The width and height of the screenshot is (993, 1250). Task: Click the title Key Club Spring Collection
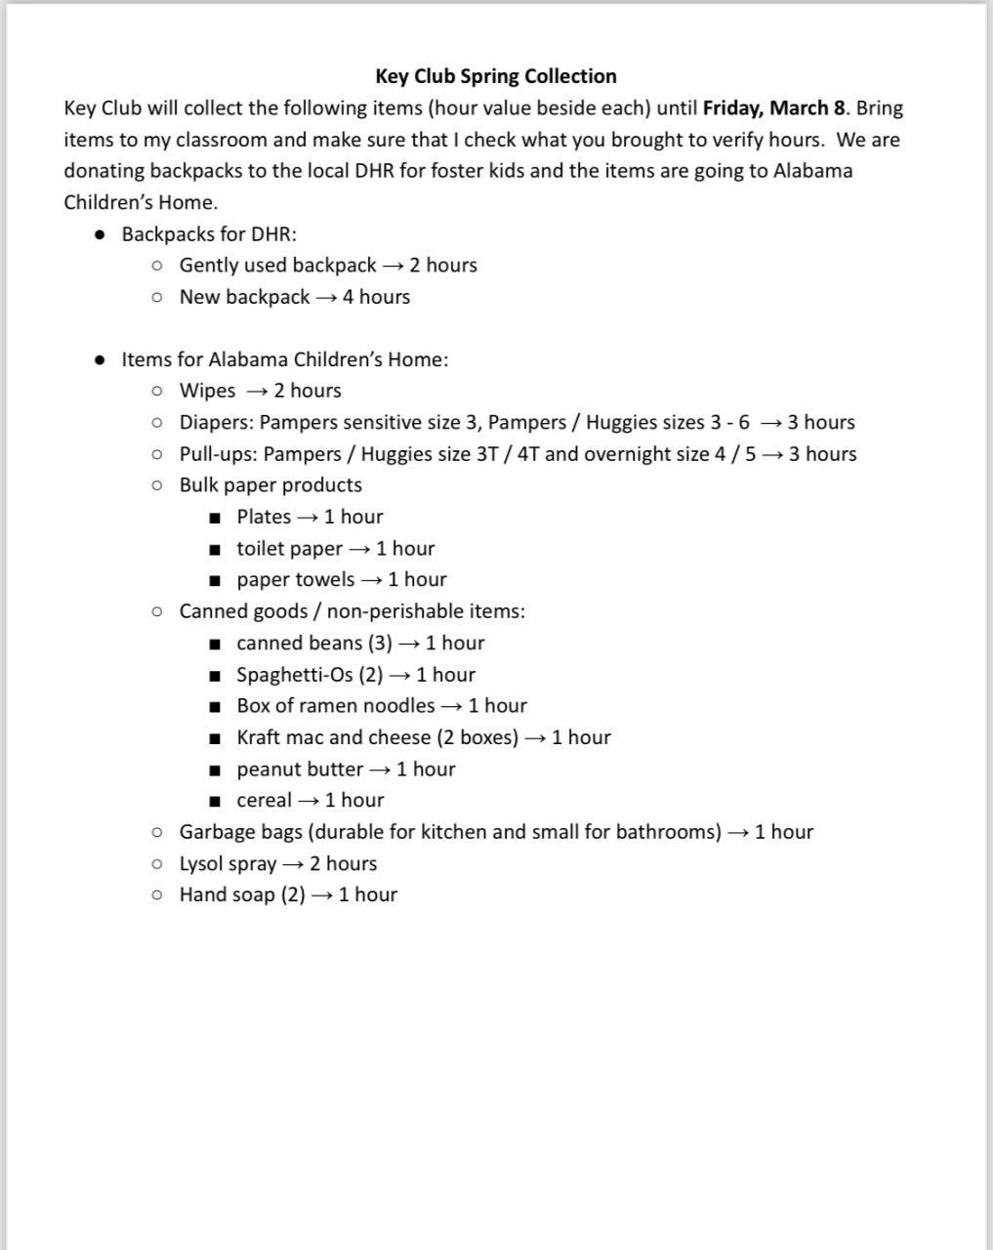(x=495, y=76)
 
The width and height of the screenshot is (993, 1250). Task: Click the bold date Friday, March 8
(x=773, y=108)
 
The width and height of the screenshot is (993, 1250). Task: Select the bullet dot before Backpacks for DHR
(x=100, y=234)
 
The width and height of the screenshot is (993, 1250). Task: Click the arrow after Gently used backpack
(x=393, y=266)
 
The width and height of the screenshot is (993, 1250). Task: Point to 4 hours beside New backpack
(x=376, y=297)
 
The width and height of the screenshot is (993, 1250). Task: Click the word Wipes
(x=207, y=391)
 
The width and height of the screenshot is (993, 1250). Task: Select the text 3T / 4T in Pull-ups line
(x=507, y=454)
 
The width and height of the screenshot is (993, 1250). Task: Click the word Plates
(x=264, y=517)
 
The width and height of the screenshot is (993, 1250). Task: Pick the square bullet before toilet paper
(x=215, y=549)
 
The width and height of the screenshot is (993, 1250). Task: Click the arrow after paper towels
(x=371, y=580)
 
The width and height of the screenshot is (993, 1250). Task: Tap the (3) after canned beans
(x=380, y=644)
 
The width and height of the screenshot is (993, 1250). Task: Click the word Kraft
(x=258, y=737)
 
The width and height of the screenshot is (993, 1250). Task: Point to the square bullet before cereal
(x=215, y=801)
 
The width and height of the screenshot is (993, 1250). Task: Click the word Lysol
(x=202, y=864)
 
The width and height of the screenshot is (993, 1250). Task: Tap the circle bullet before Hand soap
(x=157, y=896)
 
